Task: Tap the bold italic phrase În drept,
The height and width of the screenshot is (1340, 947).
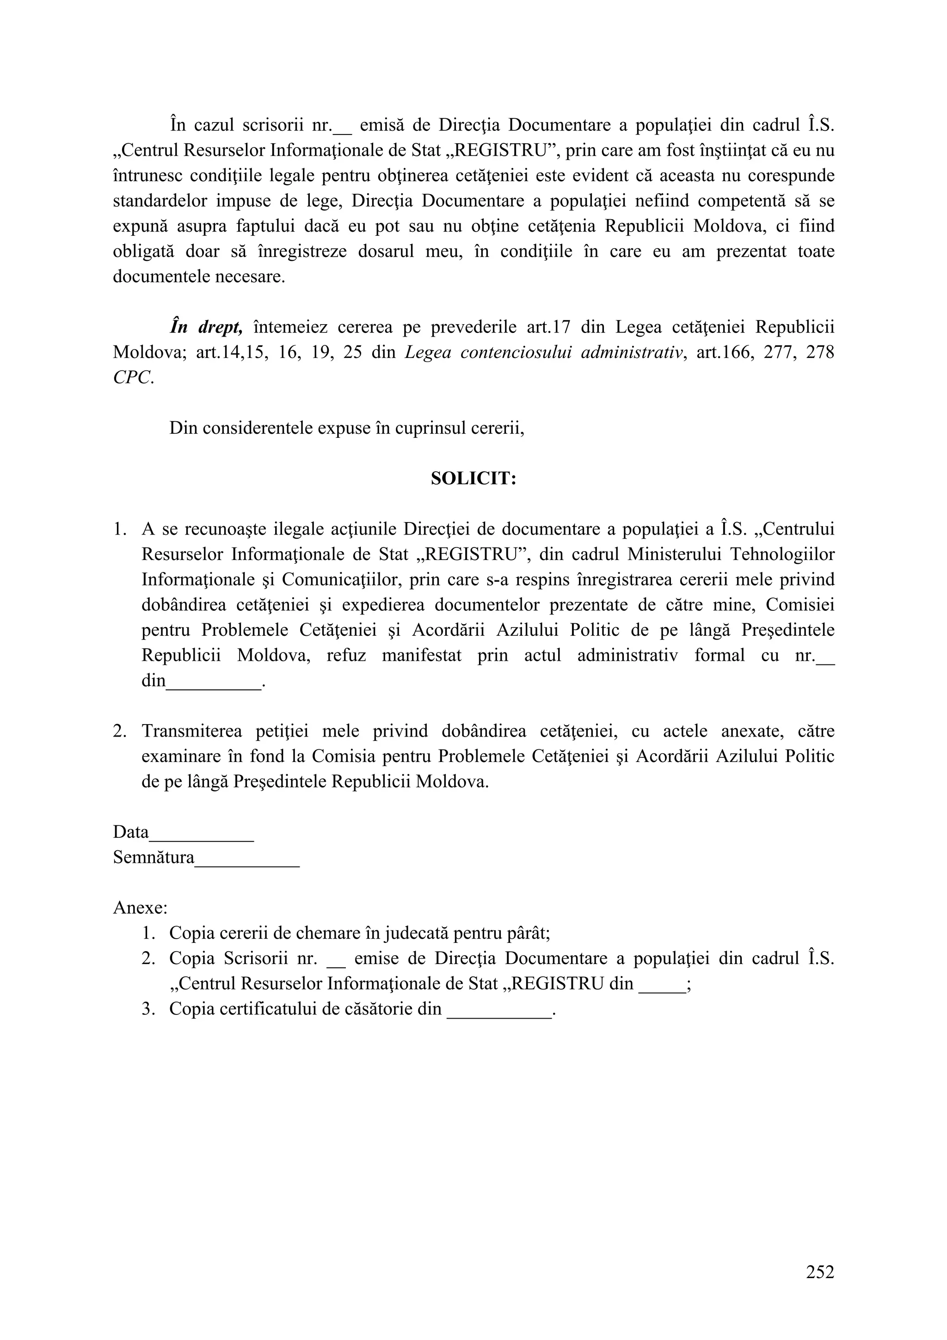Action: point(205,327)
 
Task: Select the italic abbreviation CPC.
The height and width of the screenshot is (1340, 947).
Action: point(133,378)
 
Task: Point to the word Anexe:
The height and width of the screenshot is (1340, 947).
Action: point(140,908)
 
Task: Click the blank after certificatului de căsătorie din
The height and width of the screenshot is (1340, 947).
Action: point(499,1010)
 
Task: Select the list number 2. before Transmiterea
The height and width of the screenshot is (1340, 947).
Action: point(120,731)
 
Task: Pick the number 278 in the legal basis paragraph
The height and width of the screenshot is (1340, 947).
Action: point(820,352)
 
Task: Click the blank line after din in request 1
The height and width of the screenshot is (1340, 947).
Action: point(214,682)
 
